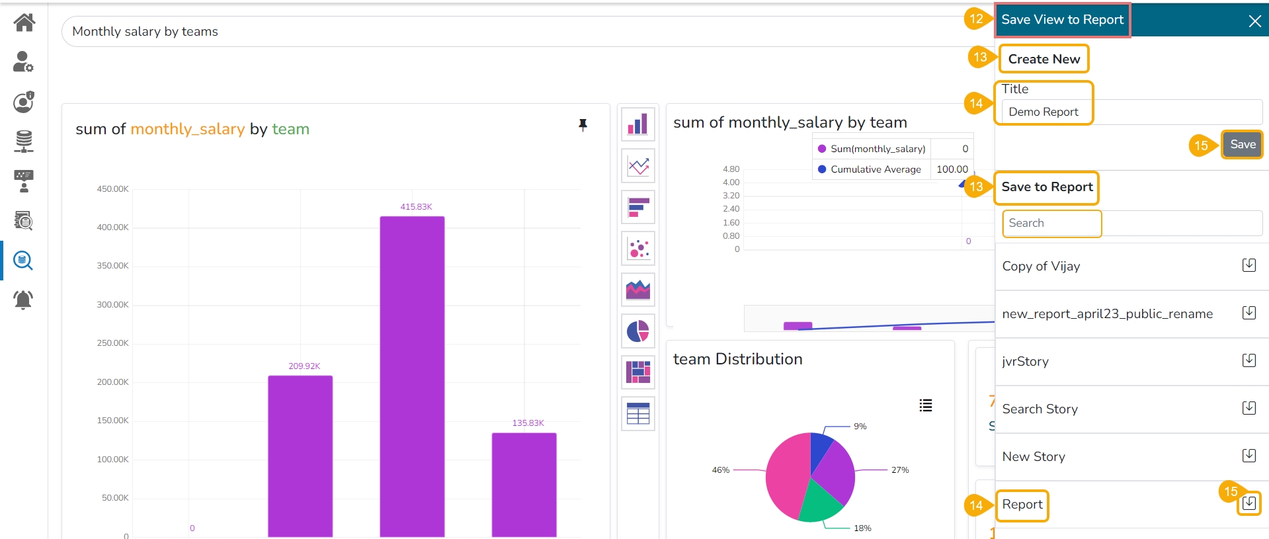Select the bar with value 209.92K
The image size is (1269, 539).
(300, 456)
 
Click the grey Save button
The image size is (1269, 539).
(1243, 144)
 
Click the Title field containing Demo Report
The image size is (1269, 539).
(1131, 112)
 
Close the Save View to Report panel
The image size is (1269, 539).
(1254, 21)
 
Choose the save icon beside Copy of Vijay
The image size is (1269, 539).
(1249, 265)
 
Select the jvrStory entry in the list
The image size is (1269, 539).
(1025, 361)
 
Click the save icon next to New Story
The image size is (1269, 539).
(1249, 456)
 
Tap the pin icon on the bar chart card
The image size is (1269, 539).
(583, 124)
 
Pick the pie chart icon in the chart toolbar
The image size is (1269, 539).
(638, 331)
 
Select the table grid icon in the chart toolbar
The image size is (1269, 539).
(638, 413)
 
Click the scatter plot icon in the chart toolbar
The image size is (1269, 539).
(638, 249)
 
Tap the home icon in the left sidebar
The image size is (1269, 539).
(24, 22)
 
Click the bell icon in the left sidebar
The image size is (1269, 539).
(23, 300)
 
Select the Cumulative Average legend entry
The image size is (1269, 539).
(875, 169)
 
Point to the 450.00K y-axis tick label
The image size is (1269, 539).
(112, 189)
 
